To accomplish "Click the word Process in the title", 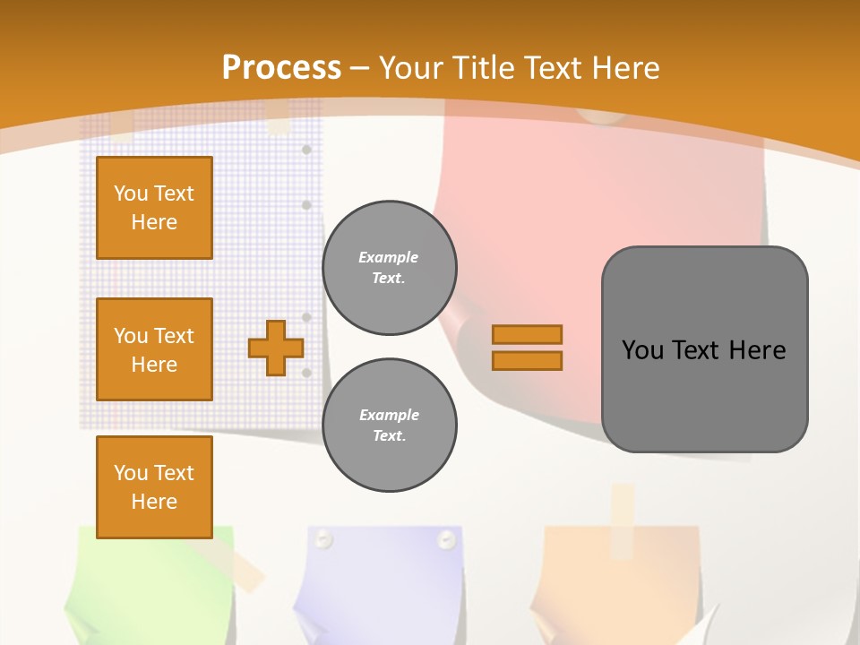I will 281,68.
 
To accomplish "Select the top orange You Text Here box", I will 154,208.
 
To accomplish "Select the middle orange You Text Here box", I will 154,349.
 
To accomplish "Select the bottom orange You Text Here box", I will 154,486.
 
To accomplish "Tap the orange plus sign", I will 276,348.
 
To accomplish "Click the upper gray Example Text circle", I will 390,268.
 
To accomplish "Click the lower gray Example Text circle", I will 390,426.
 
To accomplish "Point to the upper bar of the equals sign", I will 528,334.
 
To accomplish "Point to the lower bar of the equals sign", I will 528,361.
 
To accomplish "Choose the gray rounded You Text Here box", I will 704,349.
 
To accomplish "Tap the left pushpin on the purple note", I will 323,538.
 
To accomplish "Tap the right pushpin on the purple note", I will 446,538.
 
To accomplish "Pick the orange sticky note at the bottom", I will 618,582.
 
